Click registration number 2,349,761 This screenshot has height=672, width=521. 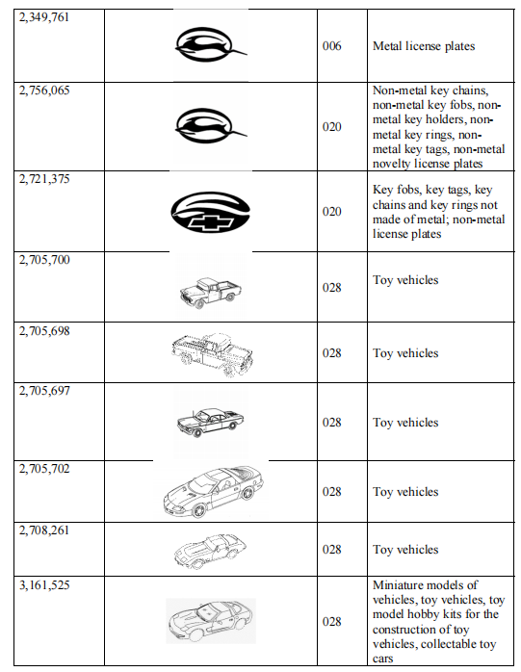pos(43,17)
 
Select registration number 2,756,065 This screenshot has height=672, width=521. pos(44,90)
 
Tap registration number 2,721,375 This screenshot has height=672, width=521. pos(44,179)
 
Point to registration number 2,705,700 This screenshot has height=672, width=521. pos(44,260)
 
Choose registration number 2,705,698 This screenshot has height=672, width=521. pos(44,331)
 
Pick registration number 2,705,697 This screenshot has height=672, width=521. pos(44,391)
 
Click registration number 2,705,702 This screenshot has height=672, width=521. pos(44,469)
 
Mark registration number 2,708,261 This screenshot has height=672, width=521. pos(44,530)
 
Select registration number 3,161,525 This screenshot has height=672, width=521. pos(44,585)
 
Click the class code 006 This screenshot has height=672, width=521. pos(332,46)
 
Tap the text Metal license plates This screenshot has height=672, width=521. pos(424,46)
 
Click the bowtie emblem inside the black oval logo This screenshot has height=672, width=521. pos(212,222)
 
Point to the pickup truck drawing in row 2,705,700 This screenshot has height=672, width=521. pos(210,292)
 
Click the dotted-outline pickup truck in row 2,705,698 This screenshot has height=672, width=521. pos(212,354)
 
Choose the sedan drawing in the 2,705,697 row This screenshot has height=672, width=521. pos(210,422)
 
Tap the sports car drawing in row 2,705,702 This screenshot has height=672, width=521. pos(213,492)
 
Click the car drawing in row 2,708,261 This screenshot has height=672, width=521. pos(210,551)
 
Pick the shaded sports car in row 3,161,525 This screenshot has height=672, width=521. pos(211,621)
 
